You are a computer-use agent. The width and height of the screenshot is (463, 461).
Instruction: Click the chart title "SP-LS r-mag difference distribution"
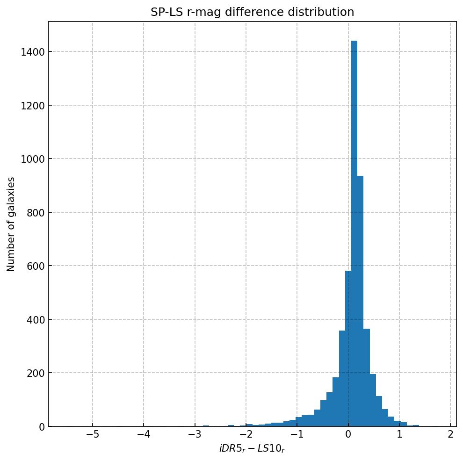click(252, 12)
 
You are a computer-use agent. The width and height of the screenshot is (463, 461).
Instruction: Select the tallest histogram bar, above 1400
click(354, 234)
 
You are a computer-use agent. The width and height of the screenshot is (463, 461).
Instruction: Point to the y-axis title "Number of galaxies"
click(11, 224)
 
